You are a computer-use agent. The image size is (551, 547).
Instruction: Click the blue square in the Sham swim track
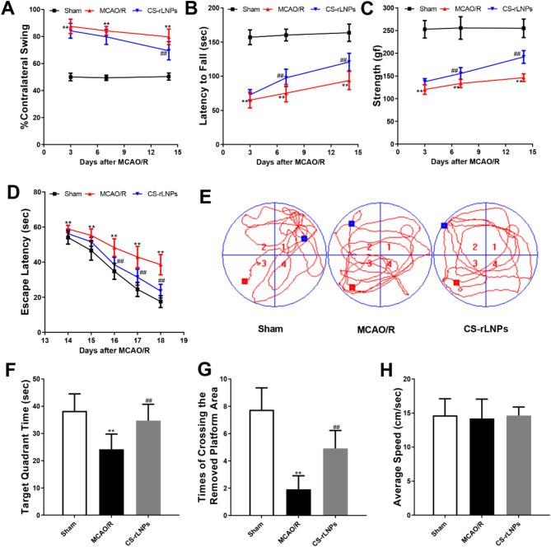[x=304, y=238]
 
